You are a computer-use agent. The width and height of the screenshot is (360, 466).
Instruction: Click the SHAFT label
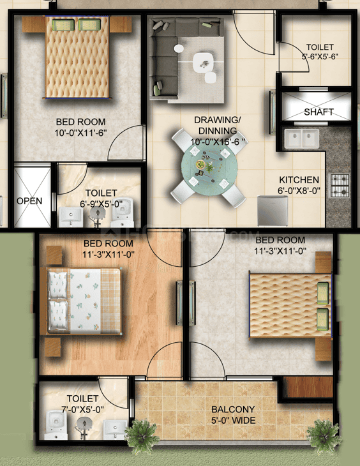(319, 112)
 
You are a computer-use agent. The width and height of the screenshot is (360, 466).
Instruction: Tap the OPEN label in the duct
(29, 201)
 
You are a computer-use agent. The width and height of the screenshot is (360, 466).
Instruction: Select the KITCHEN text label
(299, 180)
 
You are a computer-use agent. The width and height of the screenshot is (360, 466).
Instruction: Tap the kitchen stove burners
(340, 183)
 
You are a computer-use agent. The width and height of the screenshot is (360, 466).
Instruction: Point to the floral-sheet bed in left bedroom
(84, 301)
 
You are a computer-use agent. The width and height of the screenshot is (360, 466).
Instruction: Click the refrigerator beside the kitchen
(266, 207)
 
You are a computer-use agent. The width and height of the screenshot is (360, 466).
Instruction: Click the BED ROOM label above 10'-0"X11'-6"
(80, 121)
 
